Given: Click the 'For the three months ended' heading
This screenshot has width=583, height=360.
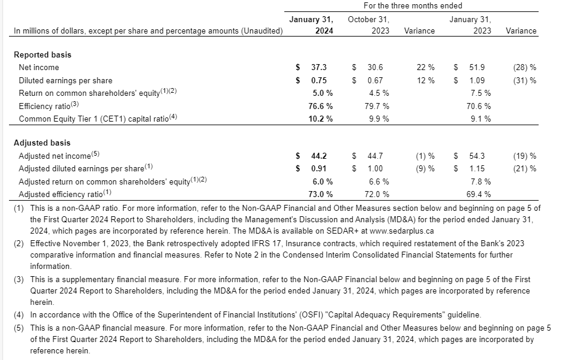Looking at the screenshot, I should [413, 5].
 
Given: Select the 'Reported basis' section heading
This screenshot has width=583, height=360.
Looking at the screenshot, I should [42, 55].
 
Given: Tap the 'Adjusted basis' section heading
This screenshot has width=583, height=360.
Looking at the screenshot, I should [42, 143].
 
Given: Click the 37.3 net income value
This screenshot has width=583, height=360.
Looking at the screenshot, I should [319, 68].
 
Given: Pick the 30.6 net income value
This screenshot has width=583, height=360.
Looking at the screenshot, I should [375, 68].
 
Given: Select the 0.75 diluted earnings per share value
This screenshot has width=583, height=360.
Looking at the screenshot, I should [319, 80].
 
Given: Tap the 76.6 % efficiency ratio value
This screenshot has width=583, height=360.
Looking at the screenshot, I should [320, 106].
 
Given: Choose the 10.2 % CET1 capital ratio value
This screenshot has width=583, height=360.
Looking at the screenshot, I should [320, 119].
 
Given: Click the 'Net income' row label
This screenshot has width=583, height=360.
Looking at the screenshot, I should [39, 68].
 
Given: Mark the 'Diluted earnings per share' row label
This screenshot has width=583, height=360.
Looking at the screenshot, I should [65, 80].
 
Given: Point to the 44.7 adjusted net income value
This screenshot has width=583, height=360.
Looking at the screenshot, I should [375, 156].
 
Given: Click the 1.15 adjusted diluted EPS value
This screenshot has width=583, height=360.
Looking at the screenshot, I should [478, 168].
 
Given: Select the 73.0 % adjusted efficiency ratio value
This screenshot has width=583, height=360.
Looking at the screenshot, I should [320, 194].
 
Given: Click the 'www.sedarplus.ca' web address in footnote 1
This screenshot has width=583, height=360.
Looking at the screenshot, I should [403, 231].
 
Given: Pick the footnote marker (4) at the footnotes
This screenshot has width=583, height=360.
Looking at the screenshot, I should [19, 314].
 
